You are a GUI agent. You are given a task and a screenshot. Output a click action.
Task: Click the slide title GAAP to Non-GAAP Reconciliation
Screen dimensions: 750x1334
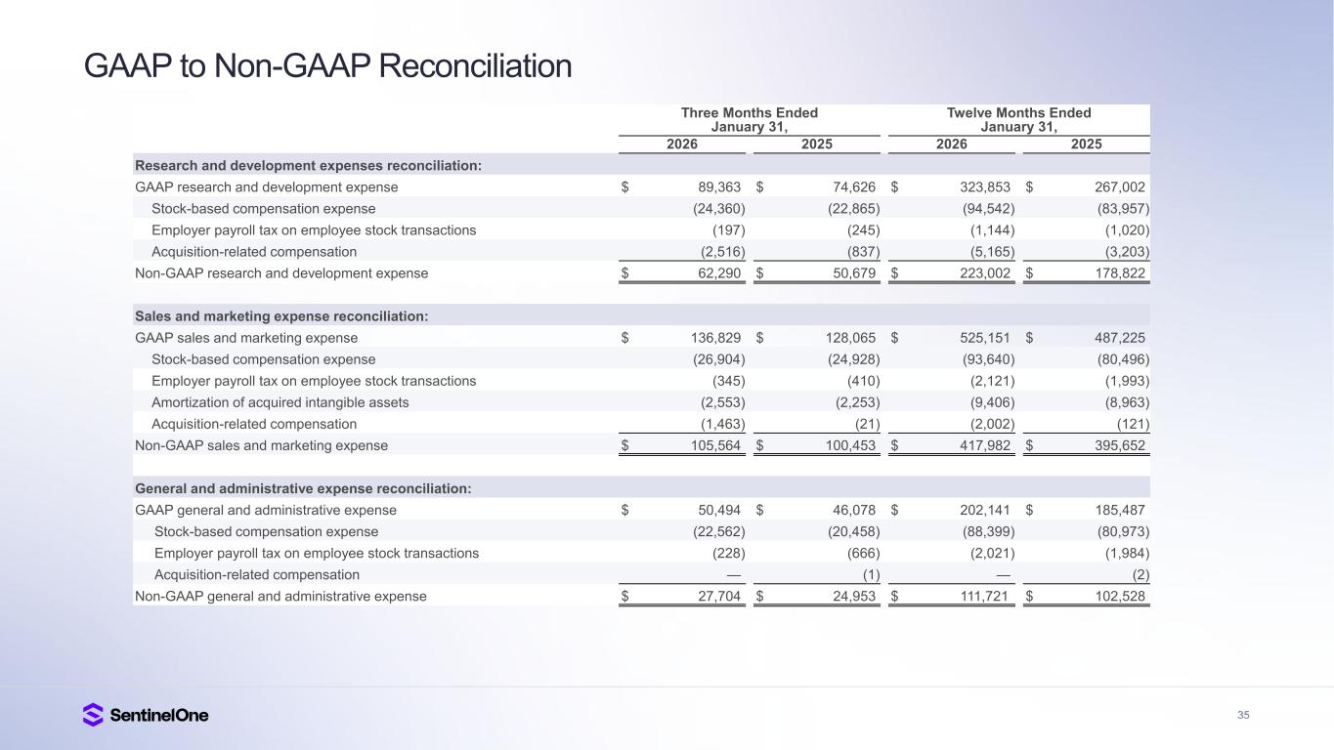[327, 66]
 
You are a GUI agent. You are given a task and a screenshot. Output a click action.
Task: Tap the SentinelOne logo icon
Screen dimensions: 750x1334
[93, 715]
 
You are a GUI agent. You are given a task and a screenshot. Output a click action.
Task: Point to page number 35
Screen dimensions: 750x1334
[1243, 716]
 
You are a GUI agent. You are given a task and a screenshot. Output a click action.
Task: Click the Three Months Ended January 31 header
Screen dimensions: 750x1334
[749, 120]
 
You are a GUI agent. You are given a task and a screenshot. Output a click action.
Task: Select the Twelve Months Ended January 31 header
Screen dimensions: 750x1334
[1018, 120]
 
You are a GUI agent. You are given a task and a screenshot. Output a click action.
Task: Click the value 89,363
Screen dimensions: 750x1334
[716, 187]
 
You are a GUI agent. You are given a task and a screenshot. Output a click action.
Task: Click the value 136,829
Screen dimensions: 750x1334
[712, 338]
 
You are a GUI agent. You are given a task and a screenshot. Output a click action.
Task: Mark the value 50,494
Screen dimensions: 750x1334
[716, 510]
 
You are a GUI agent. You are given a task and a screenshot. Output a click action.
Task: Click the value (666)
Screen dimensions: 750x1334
[862, 553]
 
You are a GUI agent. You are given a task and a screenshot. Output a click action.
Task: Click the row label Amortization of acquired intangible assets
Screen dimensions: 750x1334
[280, 402]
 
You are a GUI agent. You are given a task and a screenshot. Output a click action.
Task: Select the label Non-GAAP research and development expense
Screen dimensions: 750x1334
[281, 273]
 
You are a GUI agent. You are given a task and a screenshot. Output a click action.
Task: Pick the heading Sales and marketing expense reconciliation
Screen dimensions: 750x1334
[281, 316]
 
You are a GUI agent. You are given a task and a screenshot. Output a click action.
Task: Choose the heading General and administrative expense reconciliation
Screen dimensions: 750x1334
[303, 488]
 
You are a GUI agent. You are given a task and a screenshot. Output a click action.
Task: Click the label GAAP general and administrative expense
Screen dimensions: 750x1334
[266, 510]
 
